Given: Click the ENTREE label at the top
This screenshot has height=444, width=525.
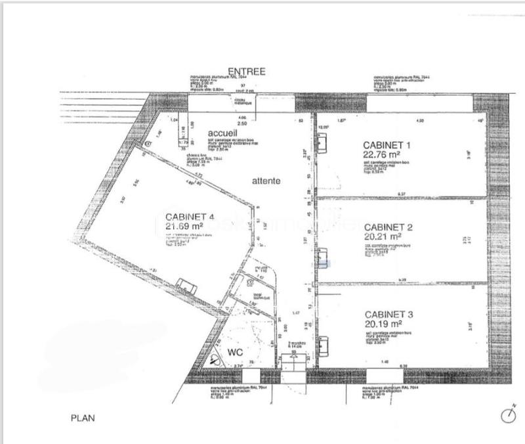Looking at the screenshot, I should pyautogui.click(x=246, y=72).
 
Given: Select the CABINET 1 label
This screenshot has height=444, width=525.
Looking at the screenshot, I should pyautogui.click(x=387, y=144).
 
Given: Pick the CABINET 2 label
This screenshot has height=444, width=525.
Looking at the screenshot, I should pyautogui.click(x=388, y=227).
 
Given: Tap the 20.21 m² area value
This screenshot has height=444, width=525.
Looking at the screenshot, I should pyautogui.click(x=383, y=236).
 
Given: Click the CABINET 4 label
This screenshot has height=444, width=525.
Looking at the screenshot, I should pyautogui.click(x=190, y=217).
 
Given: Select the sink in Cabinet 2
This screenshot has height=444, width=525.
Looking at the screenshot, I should pyautogui.click(x=323, y=254).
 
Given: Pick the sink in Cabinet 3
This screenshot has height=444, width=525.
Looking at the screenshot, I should pyautogui.click(x=323, y=343).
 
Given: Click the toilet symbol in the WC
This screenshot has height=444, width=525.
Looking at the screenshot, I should pyautogui.click(x=216, y=359).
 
